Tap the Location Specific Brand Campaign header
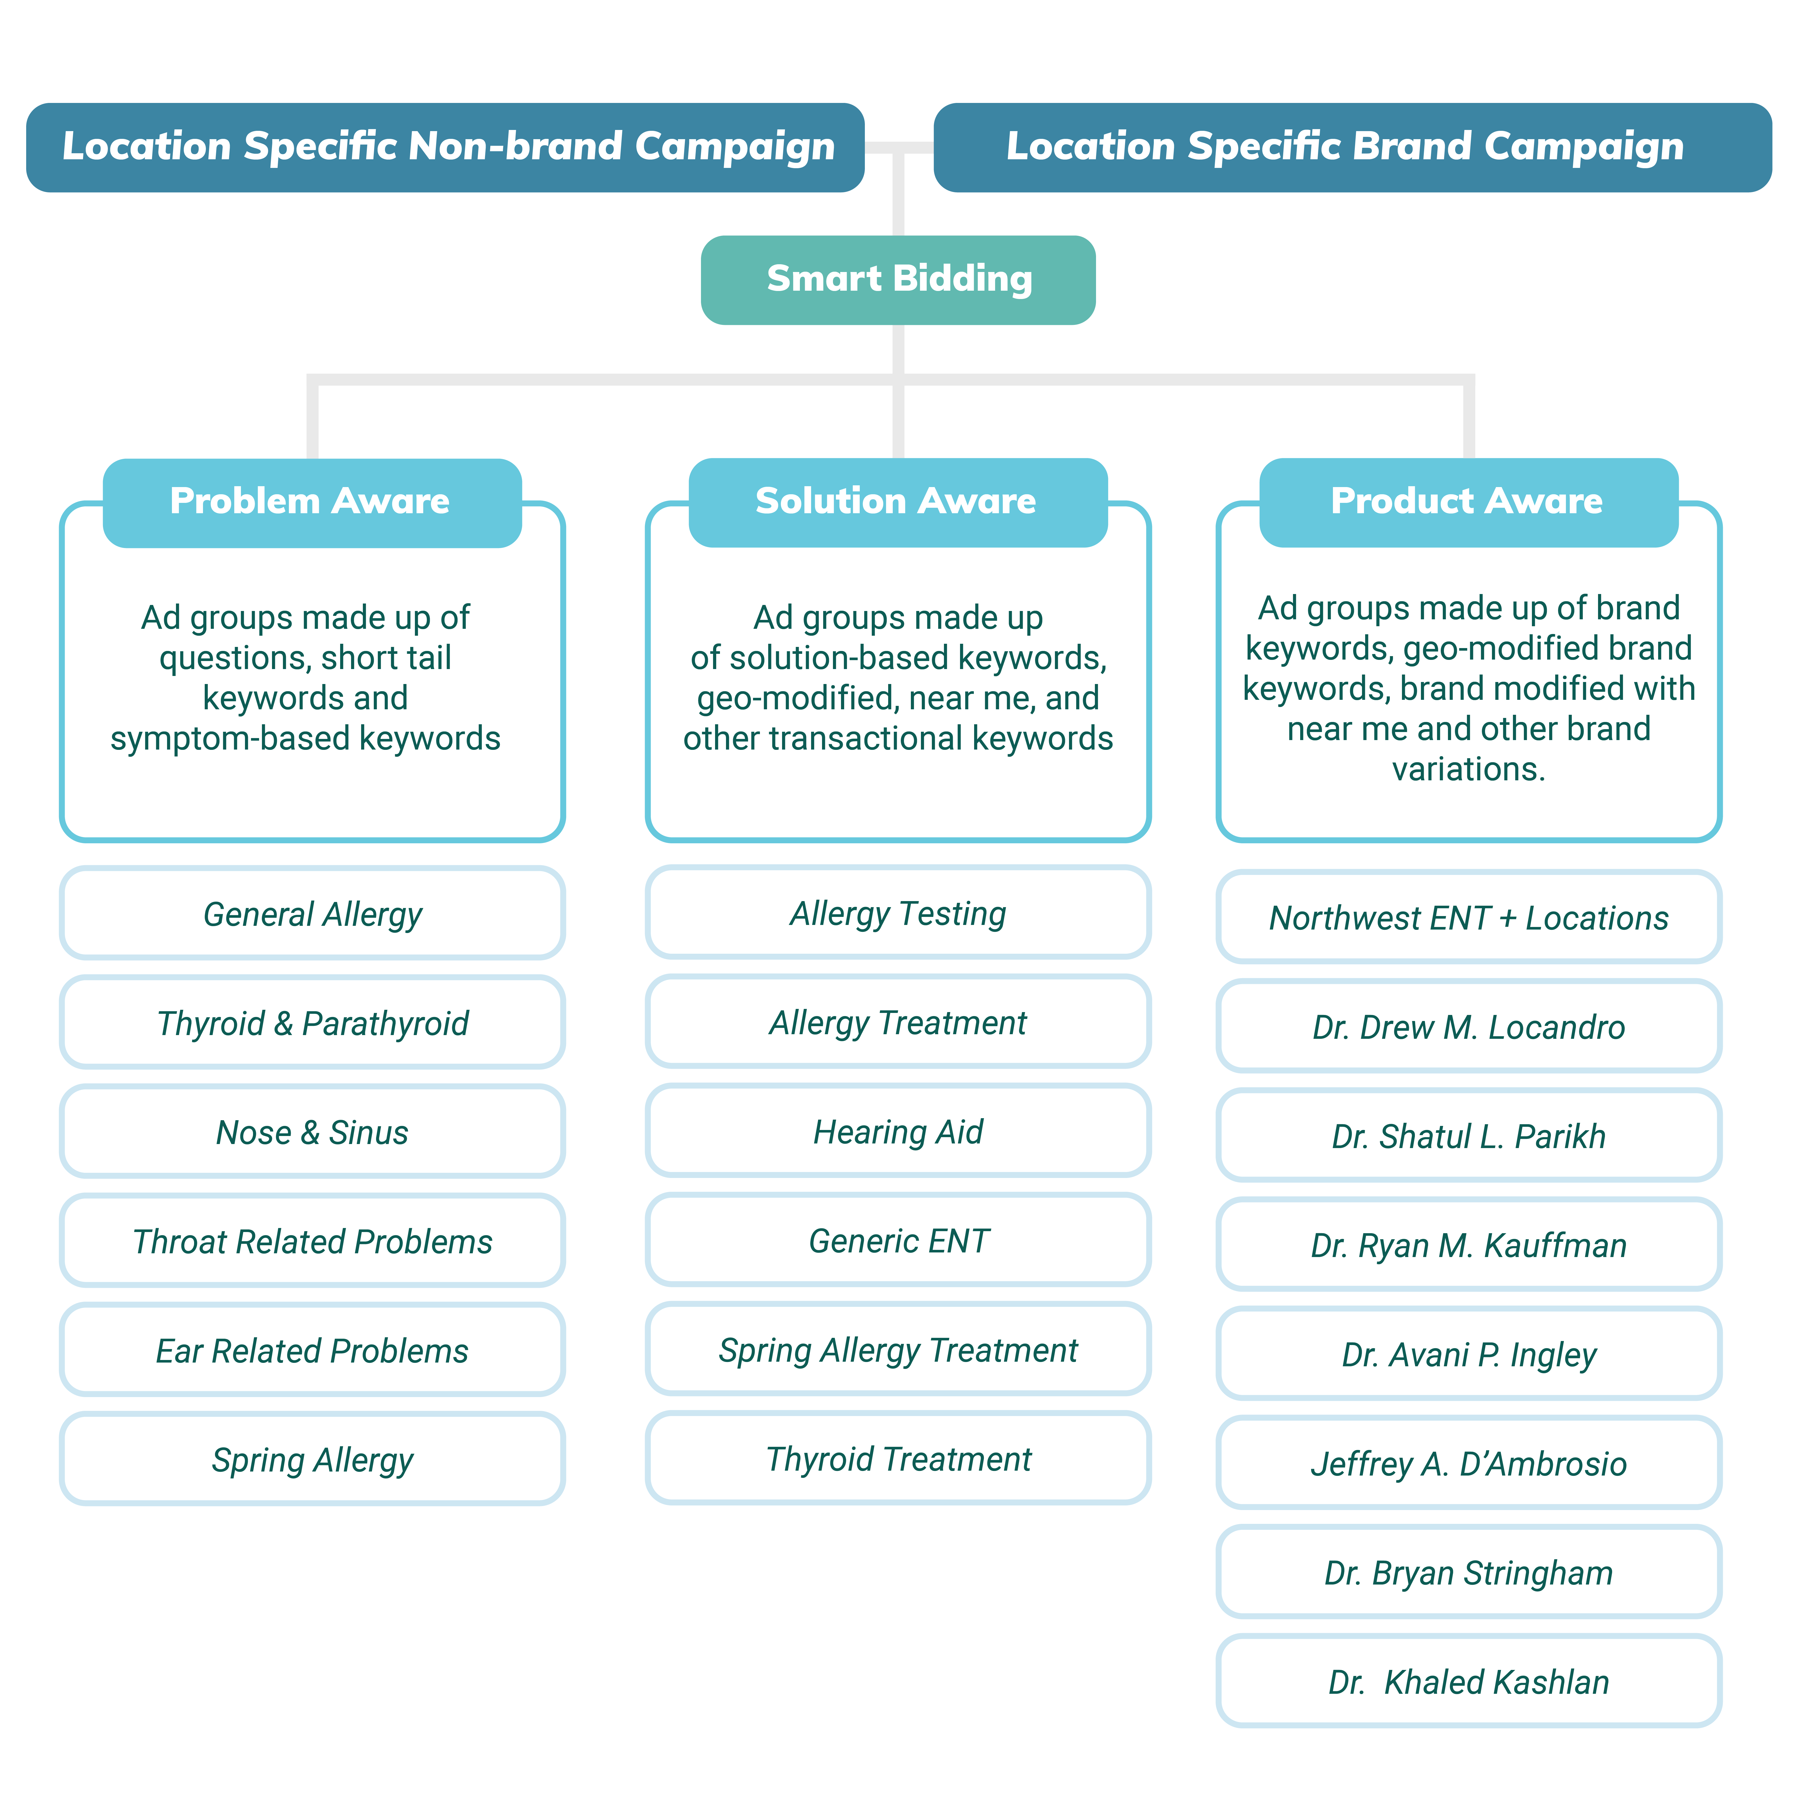(x=1352, y=147)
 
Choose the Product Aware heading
(x=1469, y=502)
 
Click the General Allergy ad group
(x=313, y=913)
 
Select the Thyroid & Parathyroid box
(x=313, y=1022)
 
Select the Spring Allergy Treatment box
(x=898, y=1349)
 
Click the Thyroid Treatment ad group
(x=898, y=1457)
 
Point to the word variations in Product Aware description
(x=1469, y=769)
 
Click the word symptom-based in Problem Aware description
(x=231, y=739)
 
